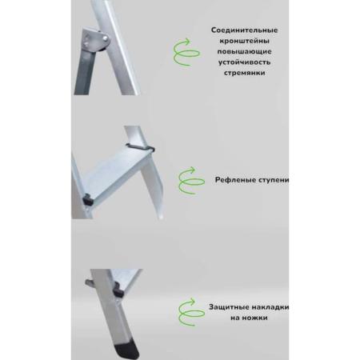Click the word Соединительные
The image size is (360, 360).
244,30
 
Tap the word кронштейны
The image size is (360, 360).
244,41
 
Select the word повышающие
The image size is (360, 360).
244,52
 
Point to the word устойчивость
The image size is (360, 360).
244,62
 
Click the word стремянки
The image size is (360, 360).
244,73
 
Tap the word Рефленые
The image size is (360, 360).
232,180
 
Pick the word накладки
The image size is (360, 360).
270,307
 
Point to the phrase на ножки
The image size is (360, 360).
249,318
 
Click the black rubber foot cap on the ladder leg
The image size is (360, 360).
129,351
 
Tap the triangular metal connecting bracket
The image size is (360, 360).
94,39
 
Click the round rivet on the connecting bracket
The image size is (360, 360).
106,38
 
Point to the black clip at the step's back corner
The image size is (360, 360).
141,147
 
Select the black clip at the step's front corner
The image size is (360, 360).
87,200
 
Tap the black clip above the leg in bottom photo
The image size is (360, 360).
118,290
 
